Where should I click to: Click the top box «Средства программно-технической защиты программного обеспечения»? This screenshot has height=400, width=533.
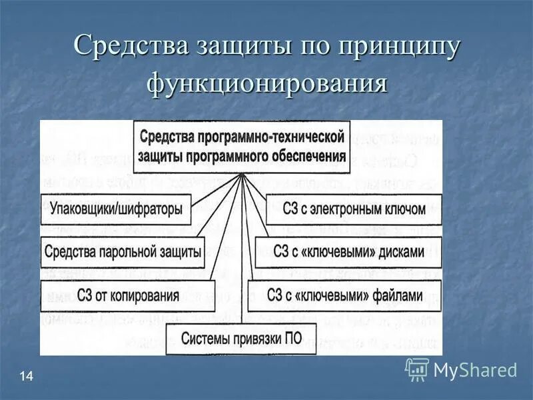[x=242, y=146]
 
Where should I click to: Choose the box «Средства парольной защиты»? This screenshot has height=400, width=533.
[x=123, y=252]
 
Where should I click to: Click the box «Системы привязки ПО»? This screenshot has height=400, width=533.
[x=243, y=337]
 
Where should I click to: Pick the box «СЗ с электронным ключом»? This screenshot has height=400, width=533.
[x=354, y=209]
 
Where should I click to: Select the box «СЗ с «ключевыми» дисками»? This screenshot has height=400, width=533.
[x=348, y=252]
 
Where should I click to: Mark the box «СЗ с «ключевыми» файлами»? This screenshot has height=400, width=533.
[x=345, y=295]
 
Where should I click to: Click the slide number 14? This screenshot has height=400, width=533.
[x=27, y=378]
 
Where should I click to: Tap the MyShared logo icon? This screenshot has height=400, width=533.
[x=417, y=369]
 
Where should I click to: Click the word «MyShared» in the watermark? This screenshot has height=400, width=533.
[x=475, y=370]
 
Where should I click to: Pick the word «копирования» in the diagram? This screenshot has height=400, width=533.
[x=145, y=295]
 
